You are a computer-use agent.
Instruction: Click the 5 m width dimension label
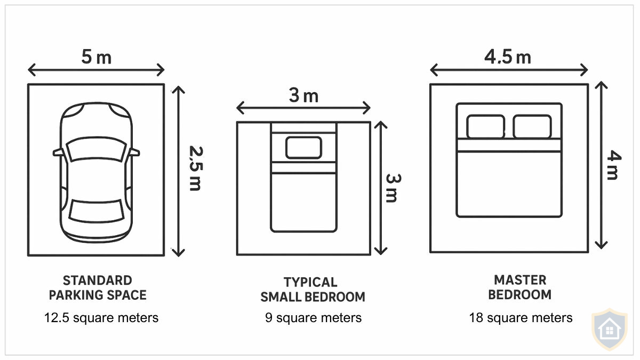pyautogui.click(x=97, y=57)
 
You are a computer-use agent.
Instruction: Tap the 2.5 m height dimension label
pyautogui.click(x=195, y=169)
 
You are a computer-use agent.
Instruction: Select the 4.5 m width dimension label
pyautogui.click(x=508, y=57)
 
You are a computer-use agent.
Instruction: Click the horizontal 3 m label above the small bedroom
pyautogui.click(x=303, y=96)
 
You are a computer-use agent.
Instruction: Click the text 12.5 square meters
pyautogui.click(x=101, y=318)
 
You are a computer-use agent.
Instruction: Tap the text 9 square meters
pyautogui.click(x=313, y=318)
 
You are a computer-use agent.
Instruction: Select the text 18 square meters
pyautogui.click(x=521, y=318)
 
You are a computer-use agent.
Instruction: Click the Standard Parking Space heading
pyautogui.click(x=97, y=287)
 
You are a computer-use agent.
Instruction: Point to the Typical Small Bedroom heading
pyautogui.click(x=313, y=290)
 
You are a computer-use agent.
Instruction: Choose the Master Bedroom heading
pyautogui.click(x=520, y=287)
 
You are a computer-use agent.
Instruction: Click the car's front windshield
pyautogui.click(x=97, y=150)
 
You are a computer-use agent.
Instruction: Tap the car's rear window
pyautogui.click(x=97, y=211)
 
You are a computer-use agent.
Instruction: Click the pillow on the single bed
pyautogui.click(x=303, y=148)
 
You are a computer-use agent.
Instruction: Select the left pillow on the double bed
pyautogui.click(x=485, y=126)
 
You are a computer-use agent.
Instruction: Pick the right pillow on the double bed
pyautogui.click(x=532, y=126)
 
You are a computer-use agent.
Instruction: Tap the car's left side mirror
pyautogui.click(x=58, y=153)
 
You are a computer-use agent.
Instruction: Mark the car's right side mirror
pyautogui.click(x=135, y=153)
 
